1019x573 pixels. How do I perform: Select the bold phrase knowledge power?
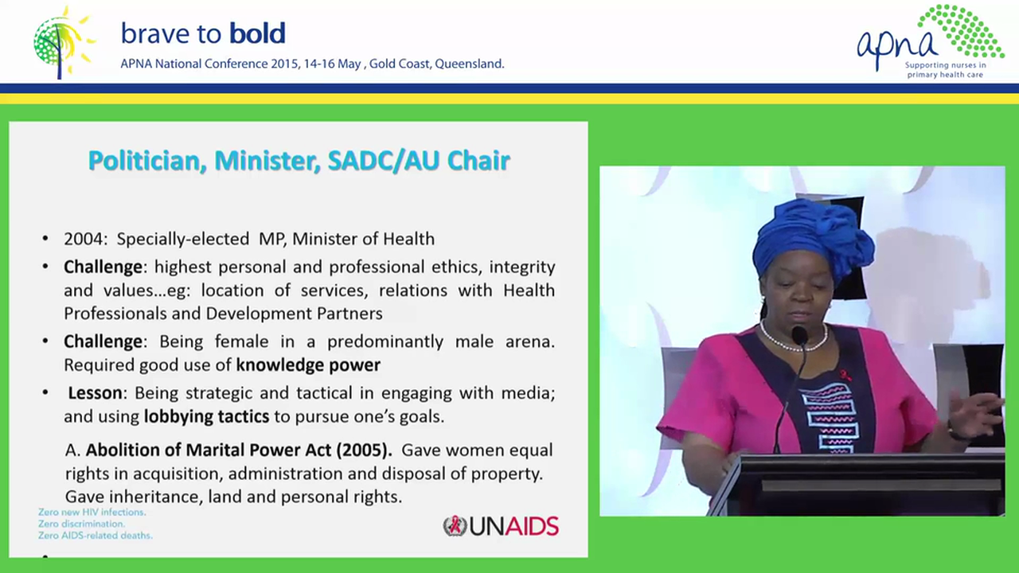pos(308,365)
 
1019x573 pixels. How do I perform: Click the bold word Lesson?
pos(95,393)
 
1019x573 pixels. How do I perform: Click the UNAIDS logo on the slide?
pos(501,526)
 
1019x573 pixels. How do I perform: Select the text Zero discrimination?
pos(81,524)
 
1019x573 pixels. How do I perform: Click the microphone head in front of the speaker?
pos(799,336)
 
